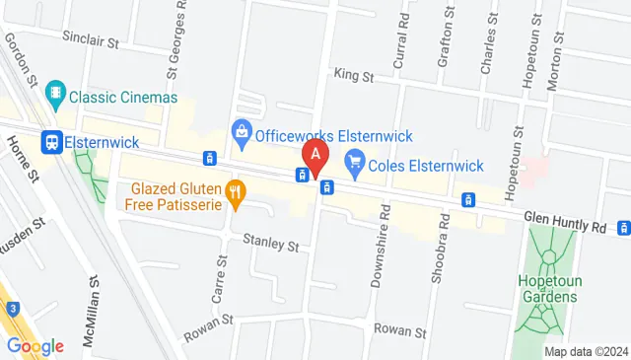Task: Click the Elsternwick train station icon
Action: [52, 141]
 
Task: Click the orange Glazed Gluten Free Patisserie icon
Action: [235, 194]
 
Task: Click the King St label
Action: [354, 75]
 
